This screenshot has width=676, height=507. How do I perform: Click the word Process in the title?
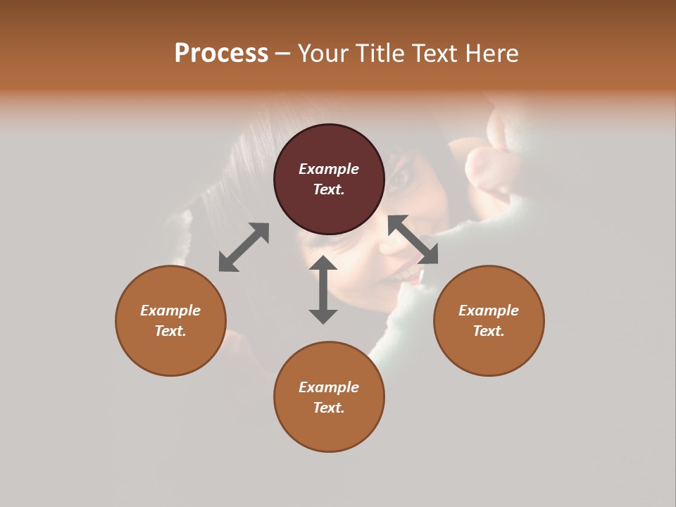click(x=221, y=54)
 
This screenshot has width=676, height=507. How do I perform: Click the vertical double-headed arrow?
click(x=323, y=289)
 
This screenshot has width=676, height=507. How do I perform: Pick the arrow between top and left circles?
click(x=244, y=247)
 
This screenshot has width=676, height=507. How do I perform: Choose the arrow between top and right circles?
click(x=413, y=239)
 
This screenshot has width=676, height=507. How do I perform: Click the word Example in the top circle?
click(x=329, y=169)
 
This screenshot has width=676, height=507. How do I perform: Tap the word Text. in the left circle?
click(x=170, y=331)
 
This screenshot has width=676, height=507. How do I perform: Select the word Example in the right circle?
click(x=489, y=311)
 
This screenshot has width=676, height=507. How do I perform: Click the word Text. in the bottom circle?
click(x=329, y=408)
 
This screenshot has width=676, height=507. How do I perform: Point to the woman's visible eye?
click(x=401, y=177)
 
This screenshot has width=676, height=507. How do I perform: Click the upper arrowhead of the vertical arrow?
click(x=323, y=264)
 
